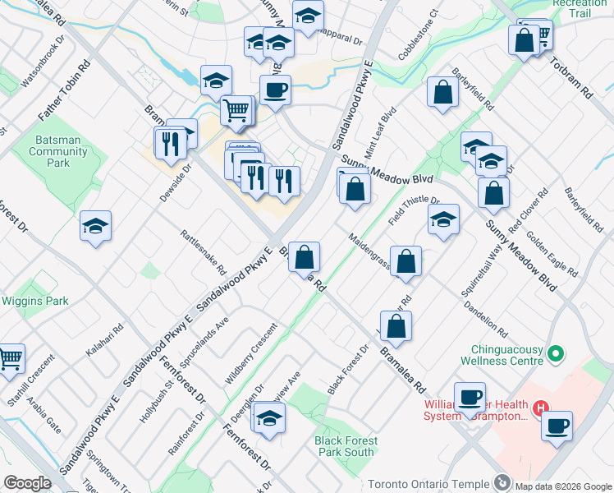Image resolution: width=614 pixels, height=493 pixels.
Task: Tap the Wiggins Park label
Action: (x=34, y=301)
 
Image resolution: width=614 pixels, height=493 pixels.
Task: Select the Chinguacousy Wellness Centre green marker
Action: (x=556, y=354)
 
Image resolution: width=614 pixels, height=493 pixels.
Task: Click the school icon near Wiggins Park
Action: (x=96, y=226)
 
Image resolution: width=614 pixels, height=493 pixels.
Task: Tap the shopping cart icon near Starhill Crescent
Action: (x=10, y=358)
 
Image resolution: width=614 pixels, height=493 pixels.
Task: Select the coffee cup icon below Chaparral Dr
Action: (x=275, y=90)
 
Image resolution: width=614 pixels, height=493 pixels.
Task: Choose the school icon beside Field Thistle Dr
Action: (x=443, y=219)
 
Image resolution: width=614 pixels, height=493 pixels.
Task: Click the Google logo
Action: (x=27, y=483)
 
